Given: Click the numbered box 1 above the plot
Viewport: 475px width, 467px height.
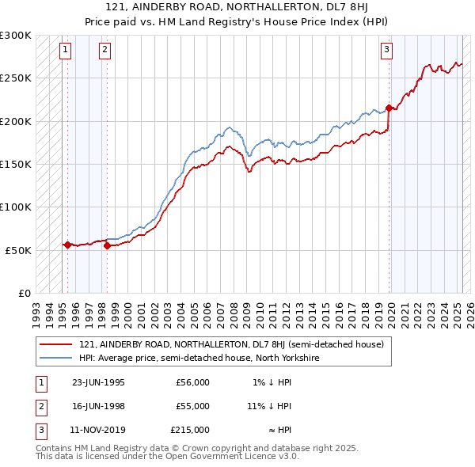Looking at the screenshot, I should coord(65,50).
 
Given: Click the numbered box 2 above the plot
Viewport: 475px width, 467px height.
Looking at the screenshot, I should coord(104,50).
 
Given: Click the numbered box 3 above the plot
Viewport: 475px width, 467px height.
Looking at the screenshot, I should coord(386,50).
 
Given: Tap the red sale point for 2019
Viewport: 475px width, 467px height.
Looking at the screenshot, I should coord(389,108).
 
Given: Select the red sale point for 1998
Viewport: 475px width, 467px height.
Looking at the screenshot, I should coord(107,245).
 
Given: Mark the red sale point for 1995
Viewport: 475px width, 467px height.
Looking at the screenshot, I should coord(68,245).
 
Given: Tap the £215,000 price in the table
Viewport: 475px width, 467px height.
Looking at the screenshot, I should coord(191,430).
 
